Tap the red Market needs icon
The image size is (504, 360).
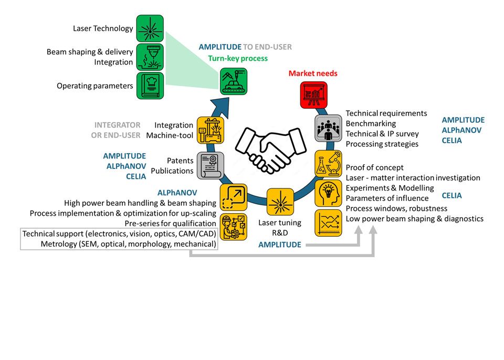310,95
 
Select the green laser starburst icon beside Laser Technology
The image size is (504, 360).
150,28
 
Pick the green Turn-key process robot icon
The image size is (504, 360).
234,81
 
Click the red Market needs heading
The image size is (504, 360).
313,73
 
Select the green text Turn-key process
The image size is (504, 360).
238,58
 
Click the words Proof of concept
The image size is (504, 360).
375,168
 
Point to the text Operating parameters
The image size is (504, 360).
95,86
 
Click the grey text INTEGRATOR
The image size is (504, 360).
117,125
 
